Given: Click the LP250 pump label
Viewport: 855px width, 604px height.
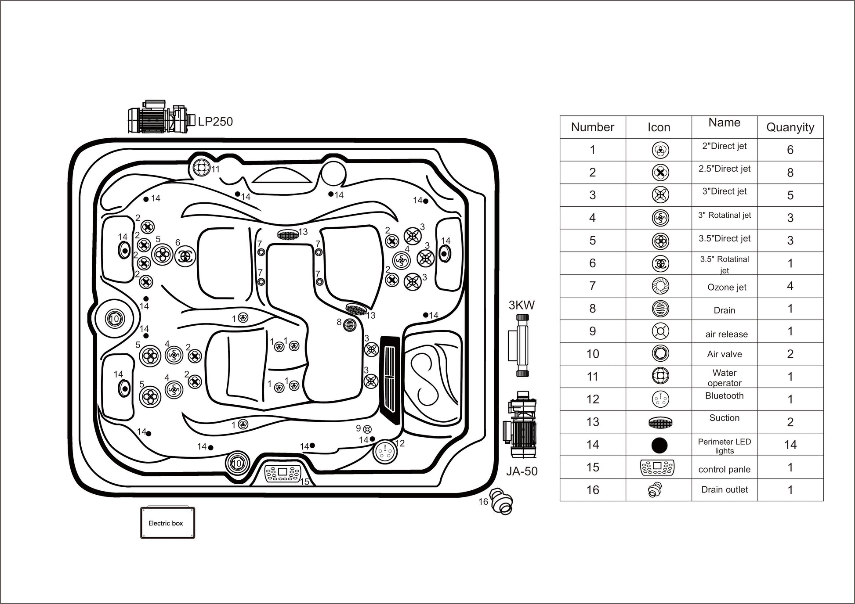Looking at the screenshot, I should (215, 122).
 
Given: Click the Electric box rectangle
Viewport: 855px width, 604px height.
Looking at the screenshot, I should (167, 523).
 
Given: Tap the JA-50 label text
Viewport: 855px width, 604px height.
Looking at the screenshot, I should (522, 471).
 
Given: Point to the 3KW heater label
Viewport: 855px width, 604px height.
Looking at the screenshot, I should (522, 305).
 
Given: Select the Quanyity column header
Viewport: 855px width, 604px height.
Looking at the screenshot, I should (790, 127).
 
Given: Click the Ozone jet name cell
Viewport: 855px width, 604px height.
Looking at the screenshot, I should (726, 287).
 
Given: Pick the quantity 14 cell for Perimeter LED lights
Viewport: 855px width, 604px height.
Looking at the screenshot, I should (790, 445).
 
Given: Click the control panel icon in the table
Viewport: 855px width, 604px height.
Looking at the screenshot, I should (657, 467).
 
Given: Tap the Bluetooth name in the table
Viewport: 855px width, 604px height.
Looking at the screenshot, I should (724, 395).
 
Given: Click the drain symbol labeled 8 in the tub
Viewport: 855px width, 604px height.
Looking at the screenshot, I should (350, 325).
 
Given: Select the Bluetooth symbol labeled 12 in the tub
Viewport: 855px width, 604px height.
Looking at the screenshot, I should (385, 451).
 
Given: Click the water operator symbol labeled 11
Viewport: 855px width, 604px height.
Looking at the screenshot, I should (201, 167).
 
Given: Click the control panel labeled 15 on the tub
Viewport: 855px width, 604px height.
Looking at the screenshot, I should (283, 473).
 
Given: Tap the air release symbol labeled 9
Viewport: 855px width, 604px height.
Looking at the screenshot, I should (368, 429).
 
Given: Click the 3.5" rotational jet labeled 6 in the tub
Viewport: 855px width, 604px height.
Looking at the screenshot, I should (185, 256).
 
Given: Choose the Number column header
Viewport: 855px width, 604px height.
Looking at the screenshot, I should (592, 127).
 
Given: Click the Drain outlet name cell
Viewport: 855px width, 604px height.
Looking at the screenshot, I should (724, 489).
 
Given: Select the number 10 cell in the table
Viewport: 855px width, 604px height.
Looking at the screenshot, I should (592, 354).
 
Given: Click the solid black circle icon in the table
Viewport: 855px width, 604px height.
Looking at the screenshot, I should (659, 445).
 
